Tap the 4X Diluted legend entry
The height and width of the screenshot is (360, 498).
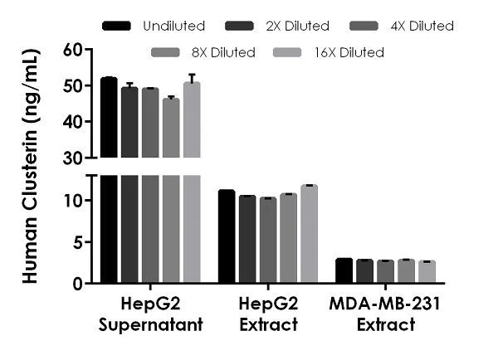pos(423,27)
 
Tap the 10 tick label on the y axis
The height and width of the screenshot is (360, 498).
pos(77,201)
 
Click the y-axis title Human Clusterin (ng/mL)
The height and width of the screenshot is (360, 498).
pos(32,166)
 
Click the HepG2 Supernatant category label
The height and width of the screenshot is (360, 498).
pos(150,314)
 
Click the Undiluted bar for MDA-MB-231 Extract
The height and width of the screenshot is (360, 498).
pos(344,271)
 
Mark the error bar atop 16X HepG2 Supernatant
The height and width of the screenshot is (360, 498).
pos(192,78)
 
